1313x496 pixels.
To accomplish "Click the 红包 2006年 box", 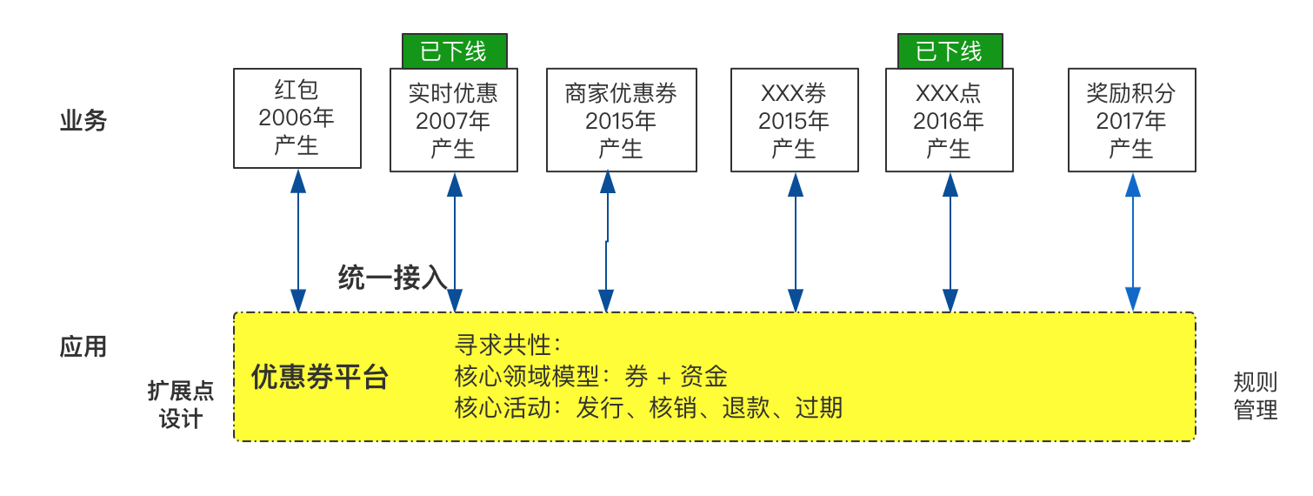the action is tap(297, 118).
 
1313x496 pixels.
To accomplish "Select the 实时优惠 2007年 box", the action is tap(454, 120).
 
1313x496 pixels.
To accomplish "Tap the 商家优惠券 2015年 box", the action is tap(622, 120).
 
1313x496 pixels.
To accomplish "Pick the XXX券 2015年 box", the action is tap(794, 120).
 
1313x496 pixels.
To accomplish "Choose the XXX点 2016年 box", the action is tap(949, 120).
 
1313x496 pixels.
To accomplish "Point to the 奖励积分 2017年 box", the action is tap(1132, 120).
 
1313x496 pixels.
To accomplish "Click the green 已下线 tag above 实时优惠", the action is tap(454, 51).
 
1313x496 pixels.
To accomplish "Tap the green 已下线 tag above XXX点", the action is tap(950, 51).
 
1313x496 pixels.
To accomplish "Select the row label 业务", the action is tap(83, 121).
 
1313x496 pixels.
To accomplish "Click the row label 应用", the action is tap(83, 346).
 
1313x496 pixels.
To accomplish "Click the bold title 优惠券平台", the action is tap(320, 377).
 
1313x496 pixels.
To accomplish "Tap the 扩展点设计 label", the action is tap(181, 405).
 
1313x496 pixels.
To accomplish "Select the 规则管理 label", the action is tap(1255, 396).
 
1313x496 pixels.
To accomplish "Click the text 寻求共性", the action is tap(503, 345).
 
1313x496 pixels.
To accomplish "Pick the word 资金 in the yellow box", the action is tap(703, 377).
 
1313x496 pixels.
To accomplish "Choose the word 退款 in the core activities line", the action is tap(745, 407).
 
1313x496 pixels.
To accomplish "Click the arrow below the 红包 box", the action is tap(298, 241).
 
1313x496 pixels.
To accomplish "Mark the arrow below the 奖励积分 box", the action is tap(1133, 242).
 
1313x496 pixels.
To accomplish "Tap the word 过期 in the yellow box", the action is tap(819, 407).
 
